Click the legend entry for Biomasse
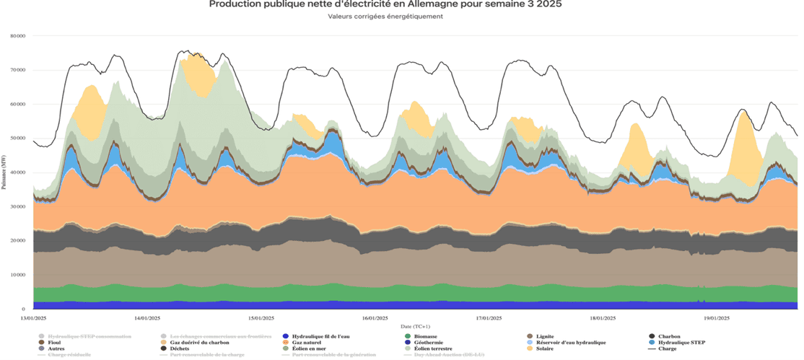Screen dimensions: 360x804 click(427, 336)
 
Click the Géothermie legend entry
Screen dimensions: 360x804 click(428, 343)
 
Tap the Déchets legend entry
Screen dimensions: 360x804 click(180, 348)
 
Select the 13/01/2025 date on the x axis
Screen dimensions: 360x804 click(34, 317)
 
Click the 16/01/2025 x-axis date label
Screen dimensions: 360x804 click(376, 317)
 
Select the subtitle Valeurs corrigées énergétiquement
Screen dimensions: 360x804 click(385, 16)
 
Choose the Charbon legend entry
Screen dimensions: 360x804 click(671, 336)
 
